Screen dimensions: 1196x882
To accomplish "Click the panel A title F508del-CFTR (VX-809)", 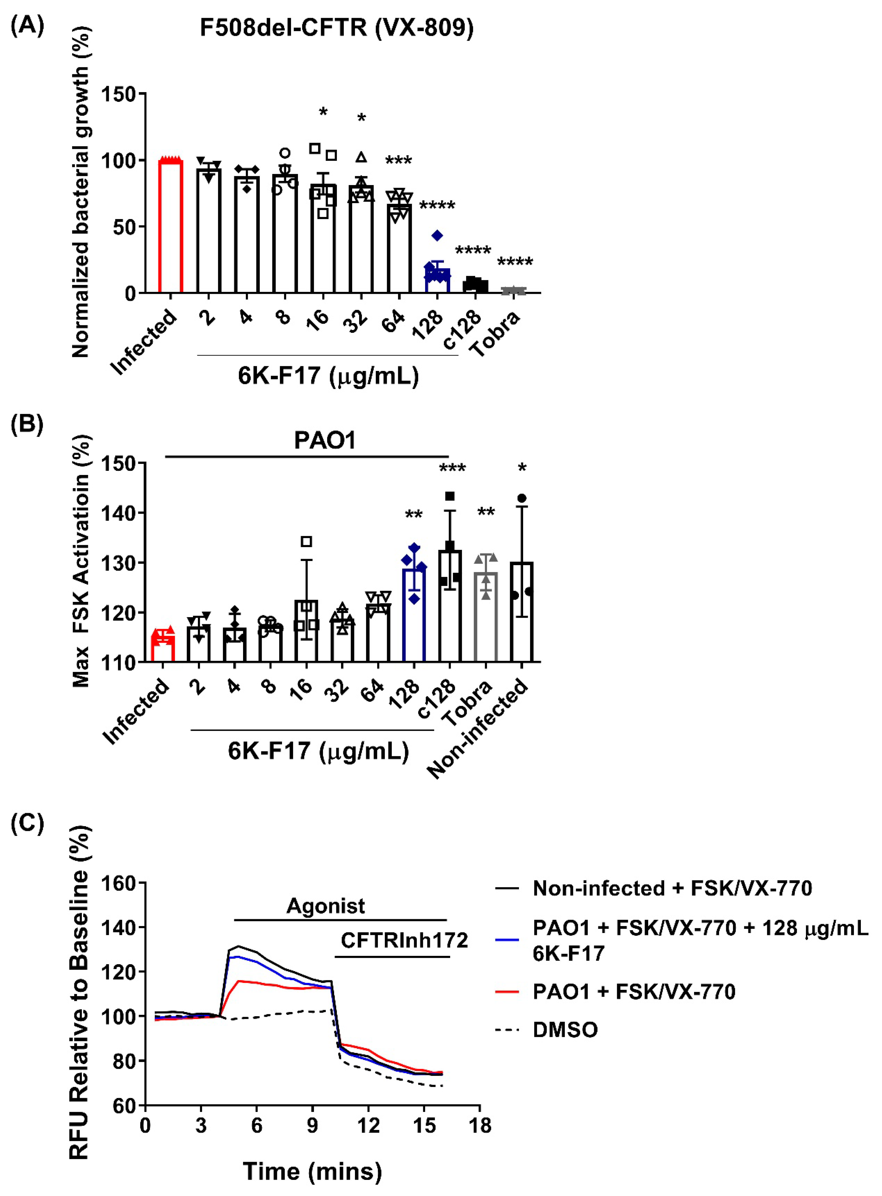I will (336, 28).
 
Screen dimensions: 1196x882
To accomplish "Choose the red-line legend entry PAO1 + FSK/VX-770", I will (634, 991).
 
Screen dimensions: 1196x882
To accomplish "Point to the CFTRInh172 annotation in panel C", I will (404, 940).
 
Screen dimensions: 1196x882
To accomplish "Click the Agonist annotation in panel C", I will (326, 906).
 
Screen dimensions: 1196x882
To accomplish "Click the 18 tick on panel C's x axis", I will (479, 1126).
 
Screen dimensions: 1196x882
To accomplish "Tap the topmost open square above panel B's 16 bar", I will (306, 542).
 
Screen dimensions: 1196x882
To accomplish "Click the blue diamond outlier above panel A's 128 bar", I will (437, 235).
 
